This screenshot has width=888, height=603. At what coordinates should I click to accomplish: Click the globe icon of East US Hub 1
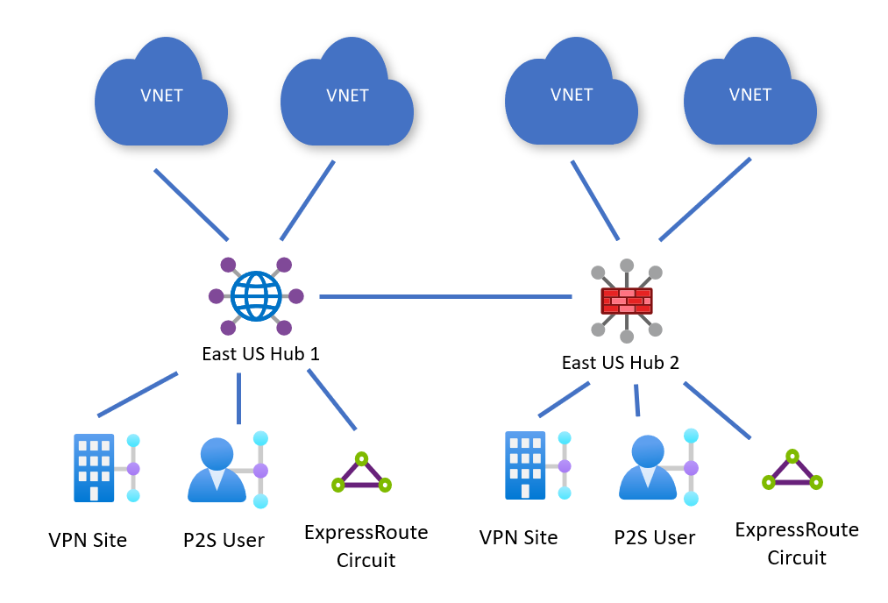click(x=256, y=296)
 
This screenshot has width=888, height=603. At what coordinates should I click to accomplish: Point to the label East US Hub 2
click(x=620, y=362)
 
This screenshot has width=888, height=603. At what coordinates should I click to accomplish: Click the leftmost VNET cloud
click(x=161, y=97)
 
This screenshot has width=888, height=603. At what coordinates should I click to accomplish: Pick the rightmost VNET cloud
click(x=749, y=96)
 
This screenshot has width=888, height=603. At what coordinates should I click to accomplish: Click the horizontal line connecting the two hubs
click(x=445, y=297)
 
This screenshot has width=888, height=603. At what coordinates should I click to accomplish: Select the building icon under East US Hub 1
click(x=94, y=467)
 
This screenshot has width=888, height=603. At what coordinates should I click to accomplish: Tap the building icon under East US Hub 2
click(x=525, y=465)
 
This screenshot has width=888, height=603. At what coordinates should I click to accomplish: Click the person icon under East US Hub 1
click(x=217, y=469)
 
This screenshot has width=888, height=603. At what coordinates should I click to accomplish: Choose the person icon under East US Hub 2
click(x=648, y=467)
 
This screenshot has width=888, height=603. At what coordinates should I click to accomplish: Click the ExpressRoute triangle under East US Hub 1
click(x=361, y=473)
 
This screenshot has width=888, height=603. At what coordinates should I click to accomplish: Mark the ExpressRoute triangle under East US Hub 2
click(x=792, y=471)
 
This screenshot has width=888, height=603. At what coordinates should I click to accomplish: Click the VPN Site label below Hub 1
click(x=88, y=540)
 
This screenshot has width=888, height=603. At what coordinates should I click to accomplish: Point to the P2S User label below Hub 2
click(x=655, y=537)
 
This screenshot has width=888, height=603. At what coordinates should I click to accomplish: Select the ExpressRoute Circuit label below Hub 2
click(x=797, y=543)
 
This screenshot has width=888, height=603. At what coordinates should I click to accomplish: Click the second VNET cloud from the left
click(x=347, y=97)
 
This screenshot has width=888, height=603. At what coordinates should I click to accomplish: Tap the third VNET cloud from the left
click(x=572, y=96)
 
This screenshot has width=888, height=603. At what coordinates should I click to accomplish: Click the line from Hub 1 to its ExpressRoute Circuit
click(x=332, y=400)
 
